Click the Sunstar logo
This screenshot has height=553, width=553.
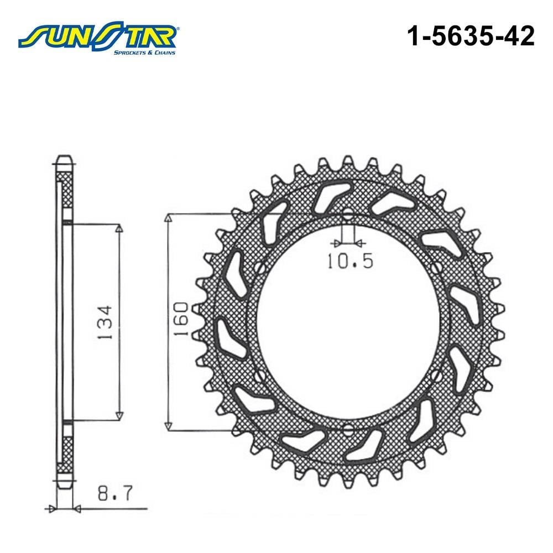click(99, 38)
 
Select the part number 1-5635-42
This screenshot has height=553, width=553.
click(471, 36)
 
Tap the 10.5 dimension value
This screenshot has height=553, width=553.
click(350, 261)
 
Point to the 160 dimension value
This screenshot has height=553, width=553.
click(182, 319)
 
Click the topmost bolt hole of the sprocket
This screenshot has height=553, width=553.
click(348, 213)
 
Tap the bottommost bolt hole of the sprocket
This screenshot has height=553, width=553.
click(348, 430)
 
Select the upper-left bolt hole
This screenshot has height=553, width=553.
click(260, 268)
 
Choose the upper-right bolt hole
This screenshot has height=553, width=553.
click(436, 268)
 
